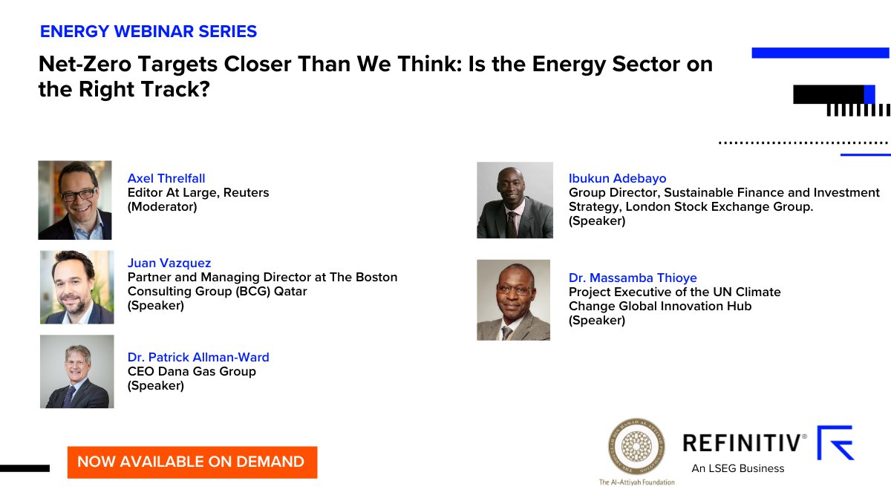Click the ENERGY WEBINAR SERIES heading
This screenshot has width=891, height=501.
(148, 32)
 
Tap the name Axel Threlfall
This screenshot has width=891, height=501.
(166, 178)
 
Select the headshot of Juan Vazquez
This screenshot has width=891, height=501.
(76, 286)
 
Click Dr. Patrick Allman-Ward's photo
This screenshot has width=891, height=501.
(76, 371)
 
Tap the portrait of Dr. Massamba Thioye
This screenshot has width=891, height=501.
(513, 300)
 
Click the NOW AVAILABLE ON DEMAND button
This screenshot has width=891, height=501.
(192, 462)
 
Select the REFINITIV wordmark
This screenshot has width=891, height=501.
(744, 444)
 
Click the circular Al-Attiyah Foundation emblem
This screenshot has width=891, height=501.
(636, 445)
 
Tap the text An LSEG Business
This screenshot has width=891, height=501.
(737, 468)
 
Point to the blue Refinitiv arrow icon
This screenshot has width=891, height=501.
(836, 443)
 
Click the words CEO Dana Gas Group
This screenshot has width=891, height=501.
(192, 371)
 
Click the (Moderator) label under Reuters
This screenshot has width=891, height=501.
(162, 206)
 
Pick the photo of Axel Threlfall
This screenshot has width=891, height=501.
(75, 200)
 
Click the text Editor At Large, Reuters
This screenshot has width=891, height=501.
(198, 192)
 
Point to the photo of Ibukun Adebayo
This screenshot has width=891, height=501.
(515, 200)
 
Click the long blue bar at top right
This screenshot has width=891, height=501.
(820, 53)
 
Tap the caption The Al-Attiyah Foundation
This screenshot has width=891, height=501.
(636, 482)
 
